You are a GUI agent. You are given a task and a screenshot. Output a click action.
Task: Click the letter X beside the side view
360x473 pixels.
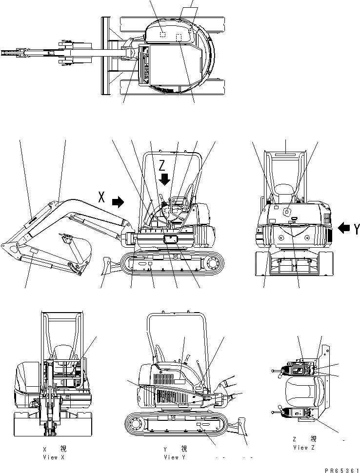tap(101, 197)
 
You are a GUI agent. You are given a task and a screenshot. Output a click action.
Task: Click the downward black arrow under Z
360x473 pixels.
tap(165, 179)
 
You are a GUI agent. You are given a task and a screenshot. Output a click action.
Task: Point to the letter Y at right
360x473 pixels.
tap(357, 227)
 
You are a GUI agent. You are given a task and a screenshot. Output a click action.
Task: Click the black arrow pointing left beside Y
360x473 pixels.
tap(343, 227)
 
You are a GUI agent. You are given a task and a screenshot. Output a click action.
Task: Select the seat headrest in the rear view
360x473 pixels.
tap(284, 189)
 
